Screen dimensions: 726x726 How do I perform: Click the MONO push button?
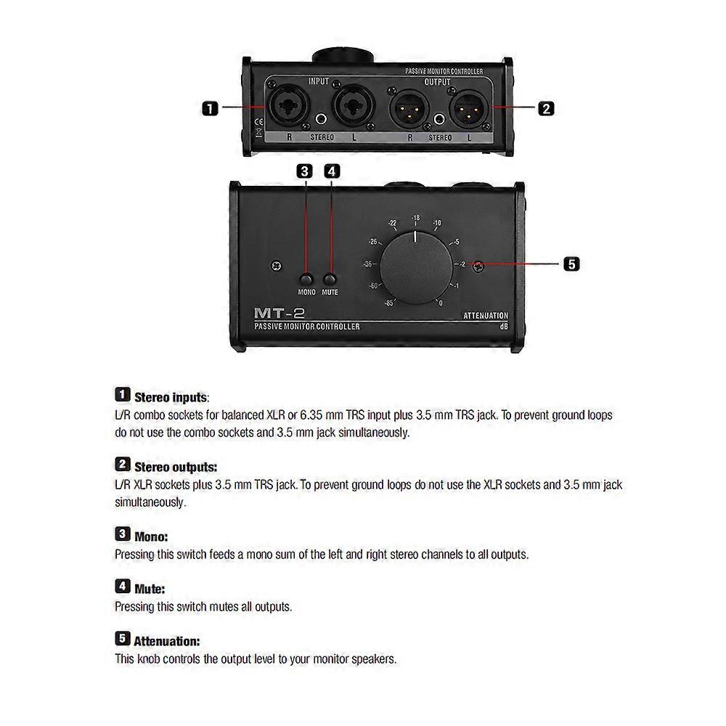pyautogui.click(x=306, y=280)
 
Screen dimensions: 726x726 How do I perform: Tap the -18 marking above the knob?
pyautogui.click(x=416, y=218)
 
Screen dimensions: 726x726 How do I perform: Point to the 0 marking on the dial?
pyautogui.click(x=441, y=303)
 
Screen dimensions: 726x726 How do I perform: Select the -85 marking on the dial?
pyautogui.click(x=389, y=303)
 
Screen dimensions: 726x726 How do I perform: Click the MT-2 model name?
pyautogui.click(x=280, y=314)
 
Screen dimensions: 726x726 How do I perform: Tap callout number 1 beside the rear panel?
pyautogui.click(x=211, y=109)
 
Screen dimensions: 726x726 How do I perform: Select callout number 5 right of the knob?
pyautogui.click(x=572, y=264)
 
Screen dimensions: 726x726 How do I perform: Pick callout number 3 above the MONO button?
pyautogui.click(x=305, y=171)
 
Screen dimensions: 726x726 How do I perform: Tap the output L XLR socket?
pyautogui.click(x=468, y=109)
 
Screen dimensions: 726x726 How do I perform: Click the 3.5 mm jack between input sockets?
pyautogui.click(x=321, y=119)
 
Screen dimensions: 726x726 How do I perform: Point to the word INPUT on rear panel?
pyautogui.click(x=319, y=81)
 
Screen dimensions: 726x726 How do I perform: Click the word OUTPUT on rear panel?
pyautogui.click(x=438, y=82)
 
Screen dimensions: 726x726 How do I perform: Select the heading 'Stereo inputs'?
pyautogui.click(x=171, y=398)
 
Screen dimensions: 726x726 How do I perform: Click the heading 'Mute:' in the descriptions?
pyautogui.click(x=150, y=589)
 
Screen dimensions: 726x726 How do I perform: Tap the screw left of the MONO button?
pyautogui.click(x=277, y=266)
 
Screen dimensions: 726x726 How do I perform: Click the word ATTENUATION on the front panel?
pyautogui.click(x=486, y=316)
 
